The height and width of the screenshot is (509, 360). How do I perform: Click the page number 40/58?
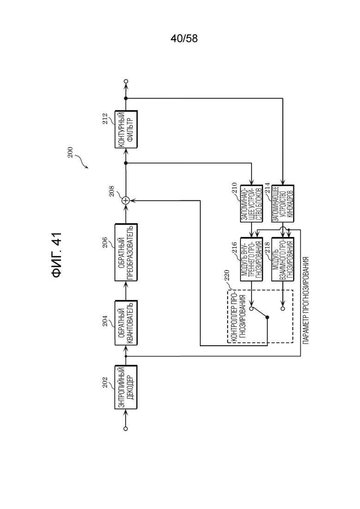tap(184, 39)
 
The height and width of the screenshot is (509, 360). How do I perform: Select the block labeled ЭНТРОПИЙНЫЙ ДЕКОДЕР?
tap(126, 387)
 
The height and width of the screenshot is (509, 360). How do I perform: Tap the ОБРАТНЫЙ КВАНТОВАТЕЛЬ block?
tap(126, 323)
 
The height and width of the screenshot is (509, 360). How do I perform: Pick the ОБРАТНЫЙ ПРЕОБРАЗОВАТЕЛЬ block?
tap(126, 252)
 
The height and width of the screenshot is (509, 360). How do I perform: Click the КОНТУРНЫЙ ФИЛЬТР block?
tap(126, 129)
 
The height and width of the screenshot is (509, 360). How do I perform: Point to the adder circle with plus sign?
tap(126, 201)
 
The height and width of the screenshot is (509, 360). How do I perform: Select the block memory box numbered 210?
tap(252, 204)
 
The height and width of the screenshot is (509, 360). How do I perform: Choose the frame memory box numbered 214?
tap(283, 204)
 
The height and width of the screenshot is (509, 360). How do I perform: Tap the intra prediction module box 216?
tap(252, 259)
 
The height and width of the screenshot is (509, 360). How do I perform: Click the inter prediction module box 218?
tap(283, 259)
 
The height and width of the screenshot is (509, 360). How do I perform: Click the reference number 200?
tap(70, 153)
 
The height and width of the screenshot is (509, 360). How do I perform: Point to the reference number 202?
tap(104, 383)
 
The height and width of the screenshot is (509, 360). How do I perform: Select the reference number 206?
tap(104, 242)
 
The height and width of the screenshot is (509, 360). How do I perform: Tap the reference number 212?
tap(104, 119)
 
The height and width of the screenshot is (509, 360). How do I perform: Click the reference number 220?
tap(226, 275)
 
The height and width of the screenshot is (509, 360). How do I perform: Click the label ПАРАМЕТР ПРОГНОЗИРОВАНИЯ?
tap(306, 300)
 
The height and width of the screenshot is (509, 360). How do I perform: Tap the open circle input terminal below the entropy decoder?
tap(126, 429)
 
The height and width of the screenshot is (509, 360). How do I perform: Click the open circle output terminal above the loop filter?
tap(126, 81)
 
